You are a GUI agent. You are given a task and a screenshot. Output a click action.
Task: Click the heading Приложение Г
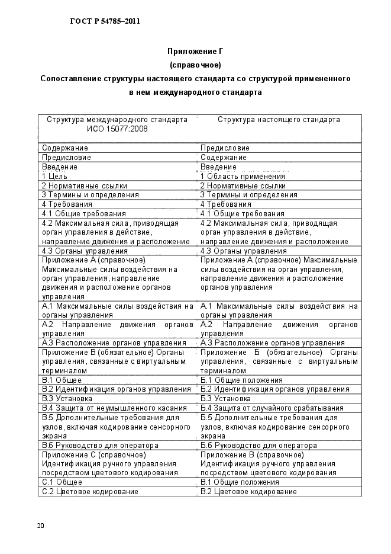(195, 52)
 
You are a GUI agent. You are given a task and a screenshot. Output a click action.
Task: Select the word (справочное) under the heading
(195, 65)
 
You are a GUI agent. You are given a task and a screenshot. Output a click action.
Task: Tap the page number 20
(40, 526)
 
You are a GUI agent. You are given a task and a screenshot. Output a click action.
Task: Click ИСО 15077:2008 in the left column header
(117, 129)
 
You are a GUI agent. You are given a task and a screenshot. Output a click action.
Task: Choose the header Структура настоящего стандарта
(279, 120)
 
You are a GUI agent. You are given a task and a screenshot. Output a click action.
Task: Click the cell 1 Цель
(54, 176)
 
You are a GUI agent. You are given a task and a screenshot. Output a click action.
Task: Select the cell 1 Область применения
(243, 176)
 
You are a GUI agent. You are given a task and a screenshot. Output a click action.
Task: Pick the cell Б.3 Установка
(225, 399)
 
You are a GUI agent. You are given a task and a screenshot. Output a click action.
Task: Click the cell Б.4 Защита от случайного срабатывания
(272, 408)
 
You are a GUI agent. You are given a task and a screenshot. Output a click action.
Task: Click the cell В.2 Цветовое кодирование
(248, 492)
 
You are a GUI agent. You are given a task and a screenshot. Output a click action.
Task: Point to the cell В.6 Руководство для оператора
(100, 445)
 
